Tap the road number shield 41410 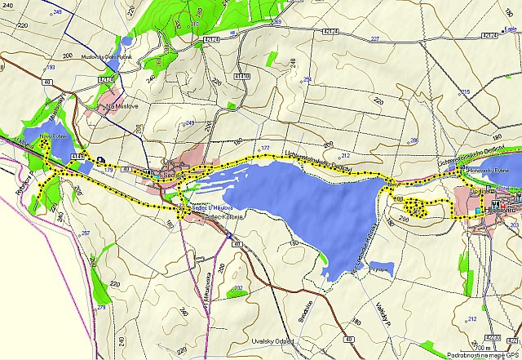coord(242,76)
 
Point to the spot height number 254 coord(307,79)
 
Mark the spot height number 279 coord(101,307)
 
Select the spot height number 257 coord(85,233)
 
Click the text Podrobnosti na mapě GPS coord(484,355)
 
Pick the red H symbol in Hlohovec coord(494,201)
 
